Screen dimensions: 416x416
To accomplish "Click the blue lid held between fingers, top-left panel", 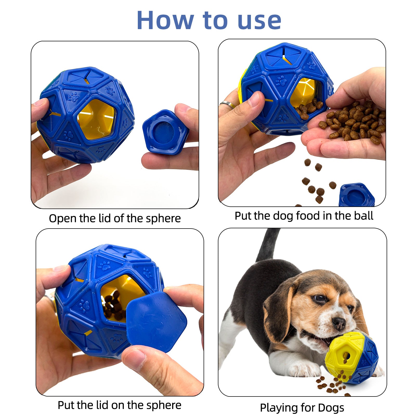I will (165, 132).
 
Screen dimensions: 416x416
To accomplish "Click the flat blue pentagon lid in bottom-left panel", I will (156, 321).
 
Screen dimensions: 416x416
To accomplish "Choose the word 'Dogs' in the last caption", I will (330, 408).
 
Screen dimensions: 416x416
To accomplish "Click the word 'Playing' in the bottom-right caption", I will (278, 408).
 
